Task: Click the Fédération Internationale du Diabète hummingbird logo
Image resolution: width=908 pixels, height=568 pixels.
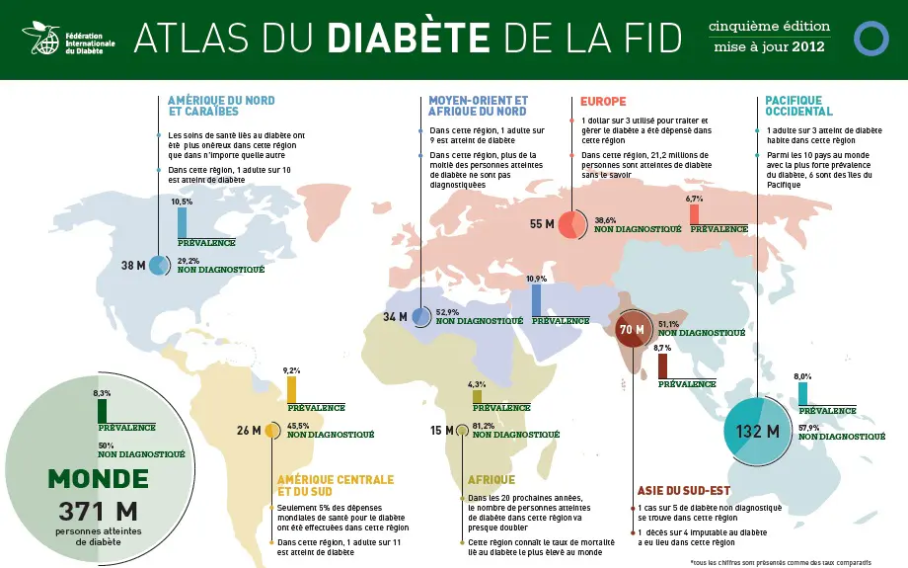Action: coord(40,38)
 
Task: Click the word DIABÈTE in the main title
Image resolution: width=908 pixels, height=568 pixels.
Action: coord(408,39)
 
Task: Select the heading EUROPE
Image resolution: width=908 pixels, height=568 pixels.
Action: coord(603,102)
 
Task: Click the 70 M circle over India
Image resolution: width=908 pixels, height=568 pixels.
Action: coord(631,329)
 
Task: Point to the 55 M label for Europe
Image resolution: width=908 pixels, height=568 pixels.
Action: coord(542,224)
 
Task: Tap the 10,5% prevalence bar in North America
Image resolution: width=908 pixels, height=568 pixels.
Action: coord(182,222)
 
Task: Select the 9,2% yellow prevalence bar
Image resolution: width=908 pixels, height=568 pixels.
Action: coord(291,389)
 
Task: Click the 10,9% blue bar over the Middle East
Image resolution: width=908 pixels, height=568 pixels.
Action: coord(536,300)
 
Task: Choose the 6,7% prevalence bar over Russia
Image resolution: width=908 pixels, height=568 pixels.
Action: coord(695,214)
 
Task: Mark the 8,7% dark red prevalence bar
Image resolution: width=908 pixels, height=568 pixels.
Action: coord(662,365)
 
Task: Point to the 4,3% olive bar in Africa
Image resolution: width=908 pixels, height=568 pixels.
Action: coord(477,396)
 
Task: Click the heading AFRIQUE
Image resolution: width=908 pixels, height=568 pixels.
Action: coord(492,480)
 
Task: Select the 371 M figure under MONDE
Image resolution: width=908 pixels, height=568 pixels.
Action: coord(97,512)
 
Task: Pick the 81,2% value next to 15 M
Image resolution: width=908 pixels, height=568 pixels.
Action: coord(484,426)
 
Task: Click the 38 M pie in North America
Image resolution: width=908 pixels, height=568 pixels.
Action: coord(158,266)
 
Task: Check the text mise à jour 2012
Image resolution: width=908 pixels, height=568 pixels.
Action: coord(771,46)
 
